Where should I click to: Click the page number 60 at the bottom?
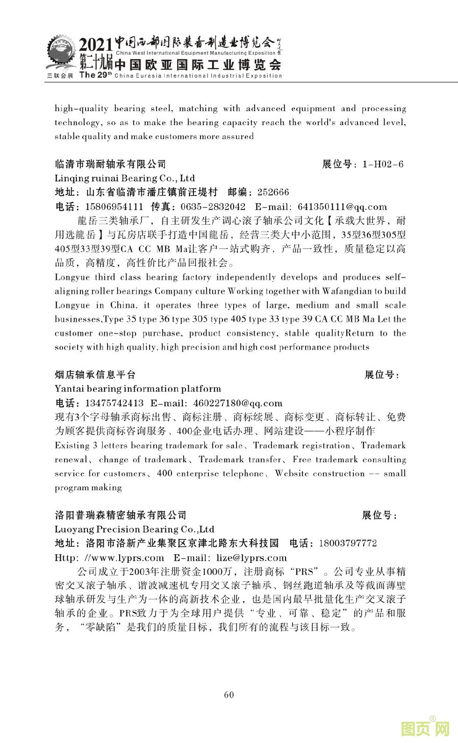pyautogui.click(x=229, y=694)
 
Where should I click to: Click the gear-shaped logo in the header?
pyautogui.click(x=60, y=53)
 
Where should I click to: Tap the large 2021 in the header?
pyautogui.click(x=96, y=45)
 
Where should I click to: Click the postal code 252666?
pyautogui.click(x=273, y=192)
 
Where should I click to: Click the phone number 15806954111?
pyautogui.click(x=114, y=207)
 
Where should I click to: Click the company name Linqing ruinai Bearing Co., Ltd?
pyautogui.click(x=125, y=178)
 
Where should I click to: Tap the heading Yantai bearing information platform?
pyautogui.click(x=138, y=389)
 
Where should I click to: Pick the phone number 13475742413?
pyautogui.click(x=114, y=403)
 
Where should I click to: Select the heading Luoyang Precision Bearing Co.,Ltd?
pyautogui.click(x=135, y=530)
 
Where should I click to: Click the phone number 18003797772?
pyautogui.click(x=348, y=544)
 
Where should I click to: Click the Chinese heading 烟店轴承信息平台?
pyautogui.click(x=95, y=375)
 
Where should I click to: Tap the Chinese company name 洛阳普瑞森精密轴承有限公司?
pyautogui.click(x=121, y=516)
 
